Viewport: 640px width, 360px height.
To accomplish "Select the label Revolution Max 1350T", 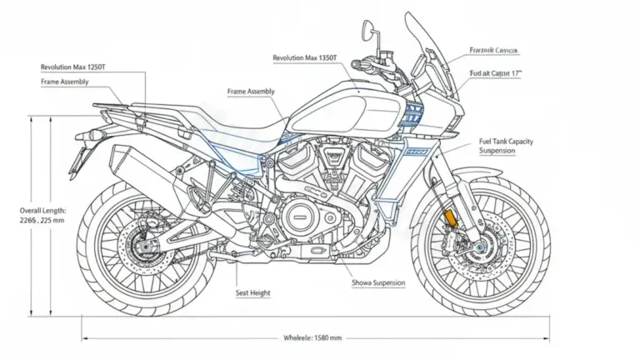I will coord(305,57).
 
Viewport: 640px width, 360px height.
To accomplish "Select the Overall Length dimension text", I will coord(42,216).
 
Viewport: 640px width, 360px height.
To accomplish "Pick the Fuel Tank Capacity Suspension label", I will coord(506,146).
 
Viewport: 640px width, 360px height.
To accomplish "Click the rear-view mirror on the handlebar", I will coord(367,30).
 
